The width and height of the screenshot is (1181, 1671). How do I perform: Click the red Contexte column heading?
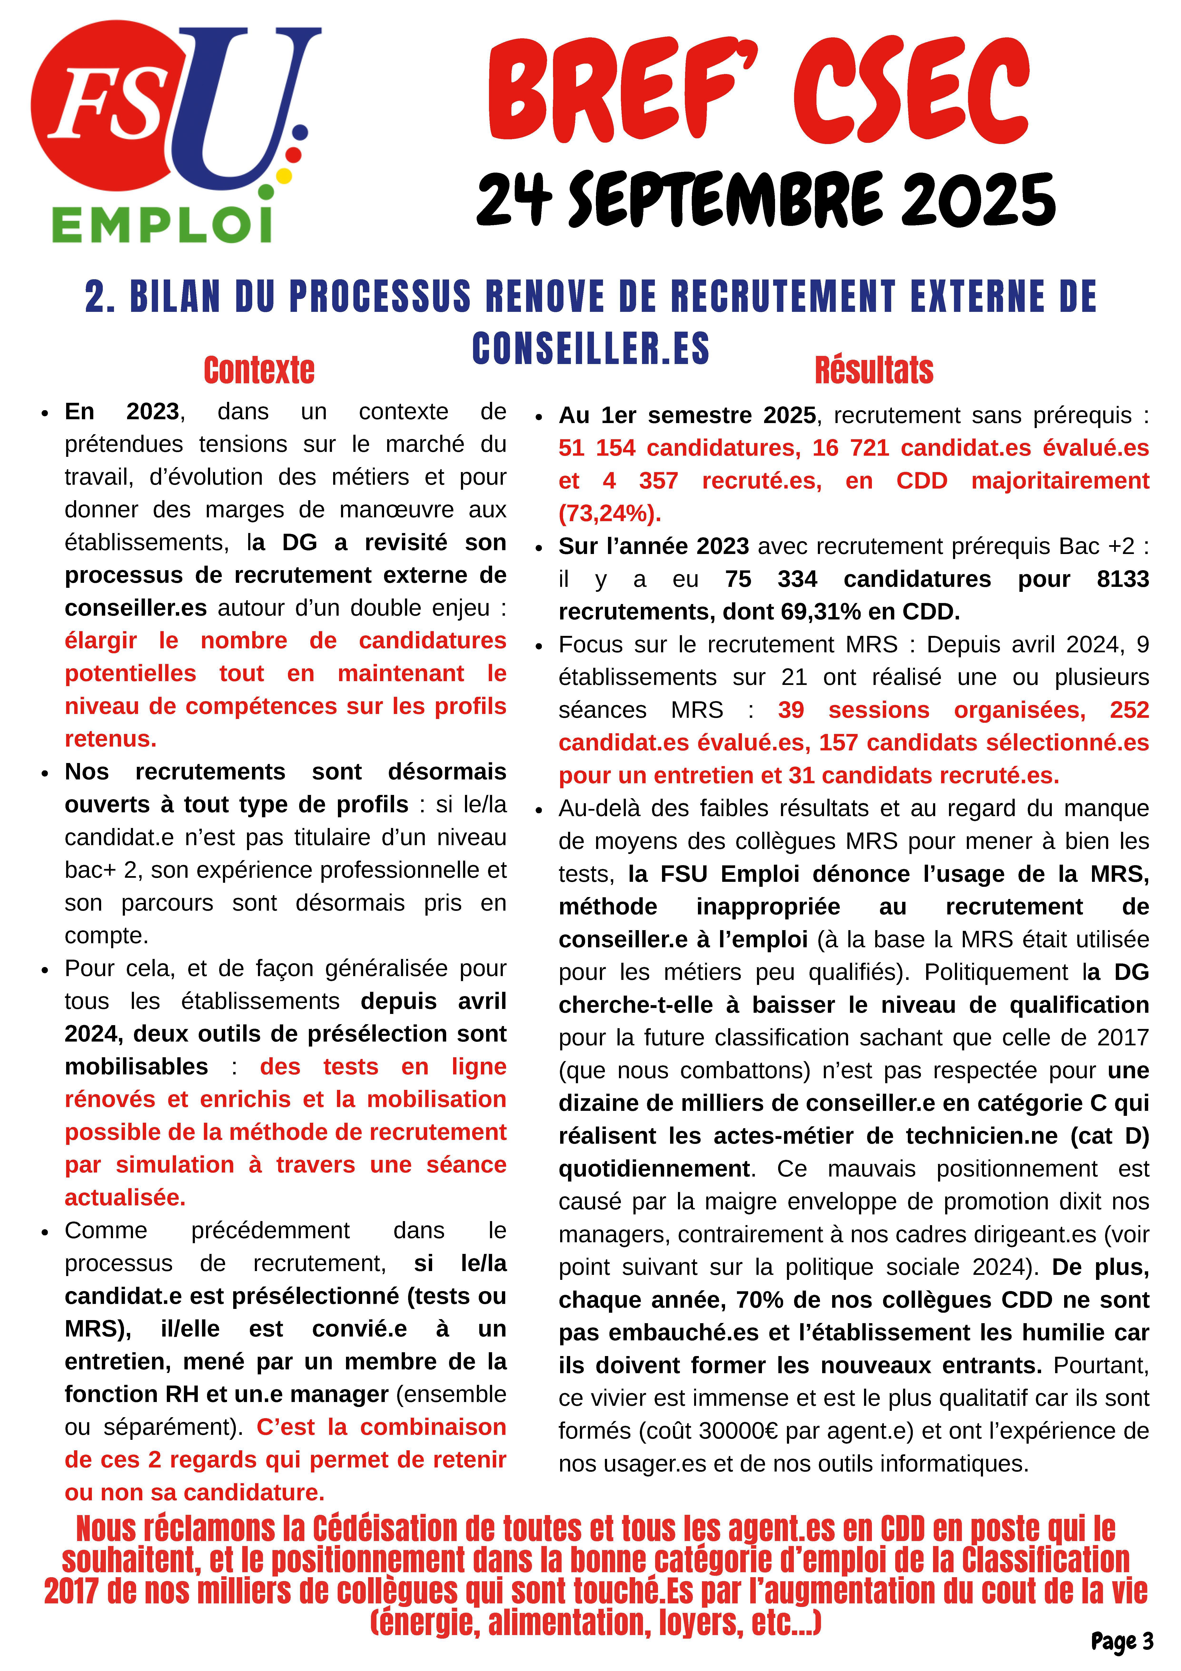pyautogui.click(x=259, y=370)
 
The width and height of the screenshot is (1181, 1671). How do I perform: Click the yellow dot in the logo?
pyautogui.click(x=285, y=175)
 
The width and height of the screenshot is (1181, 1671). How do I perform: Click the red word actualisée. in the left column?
pyautogui.click(x=125, y=1197)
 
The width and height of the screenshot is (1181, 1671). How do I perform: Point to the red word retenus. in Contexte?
pyautogui.click(x=111, y=739)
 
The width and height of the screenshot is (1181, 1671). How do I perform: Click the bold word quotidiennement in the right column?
pyautogui.click(x=653, y=1168)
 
